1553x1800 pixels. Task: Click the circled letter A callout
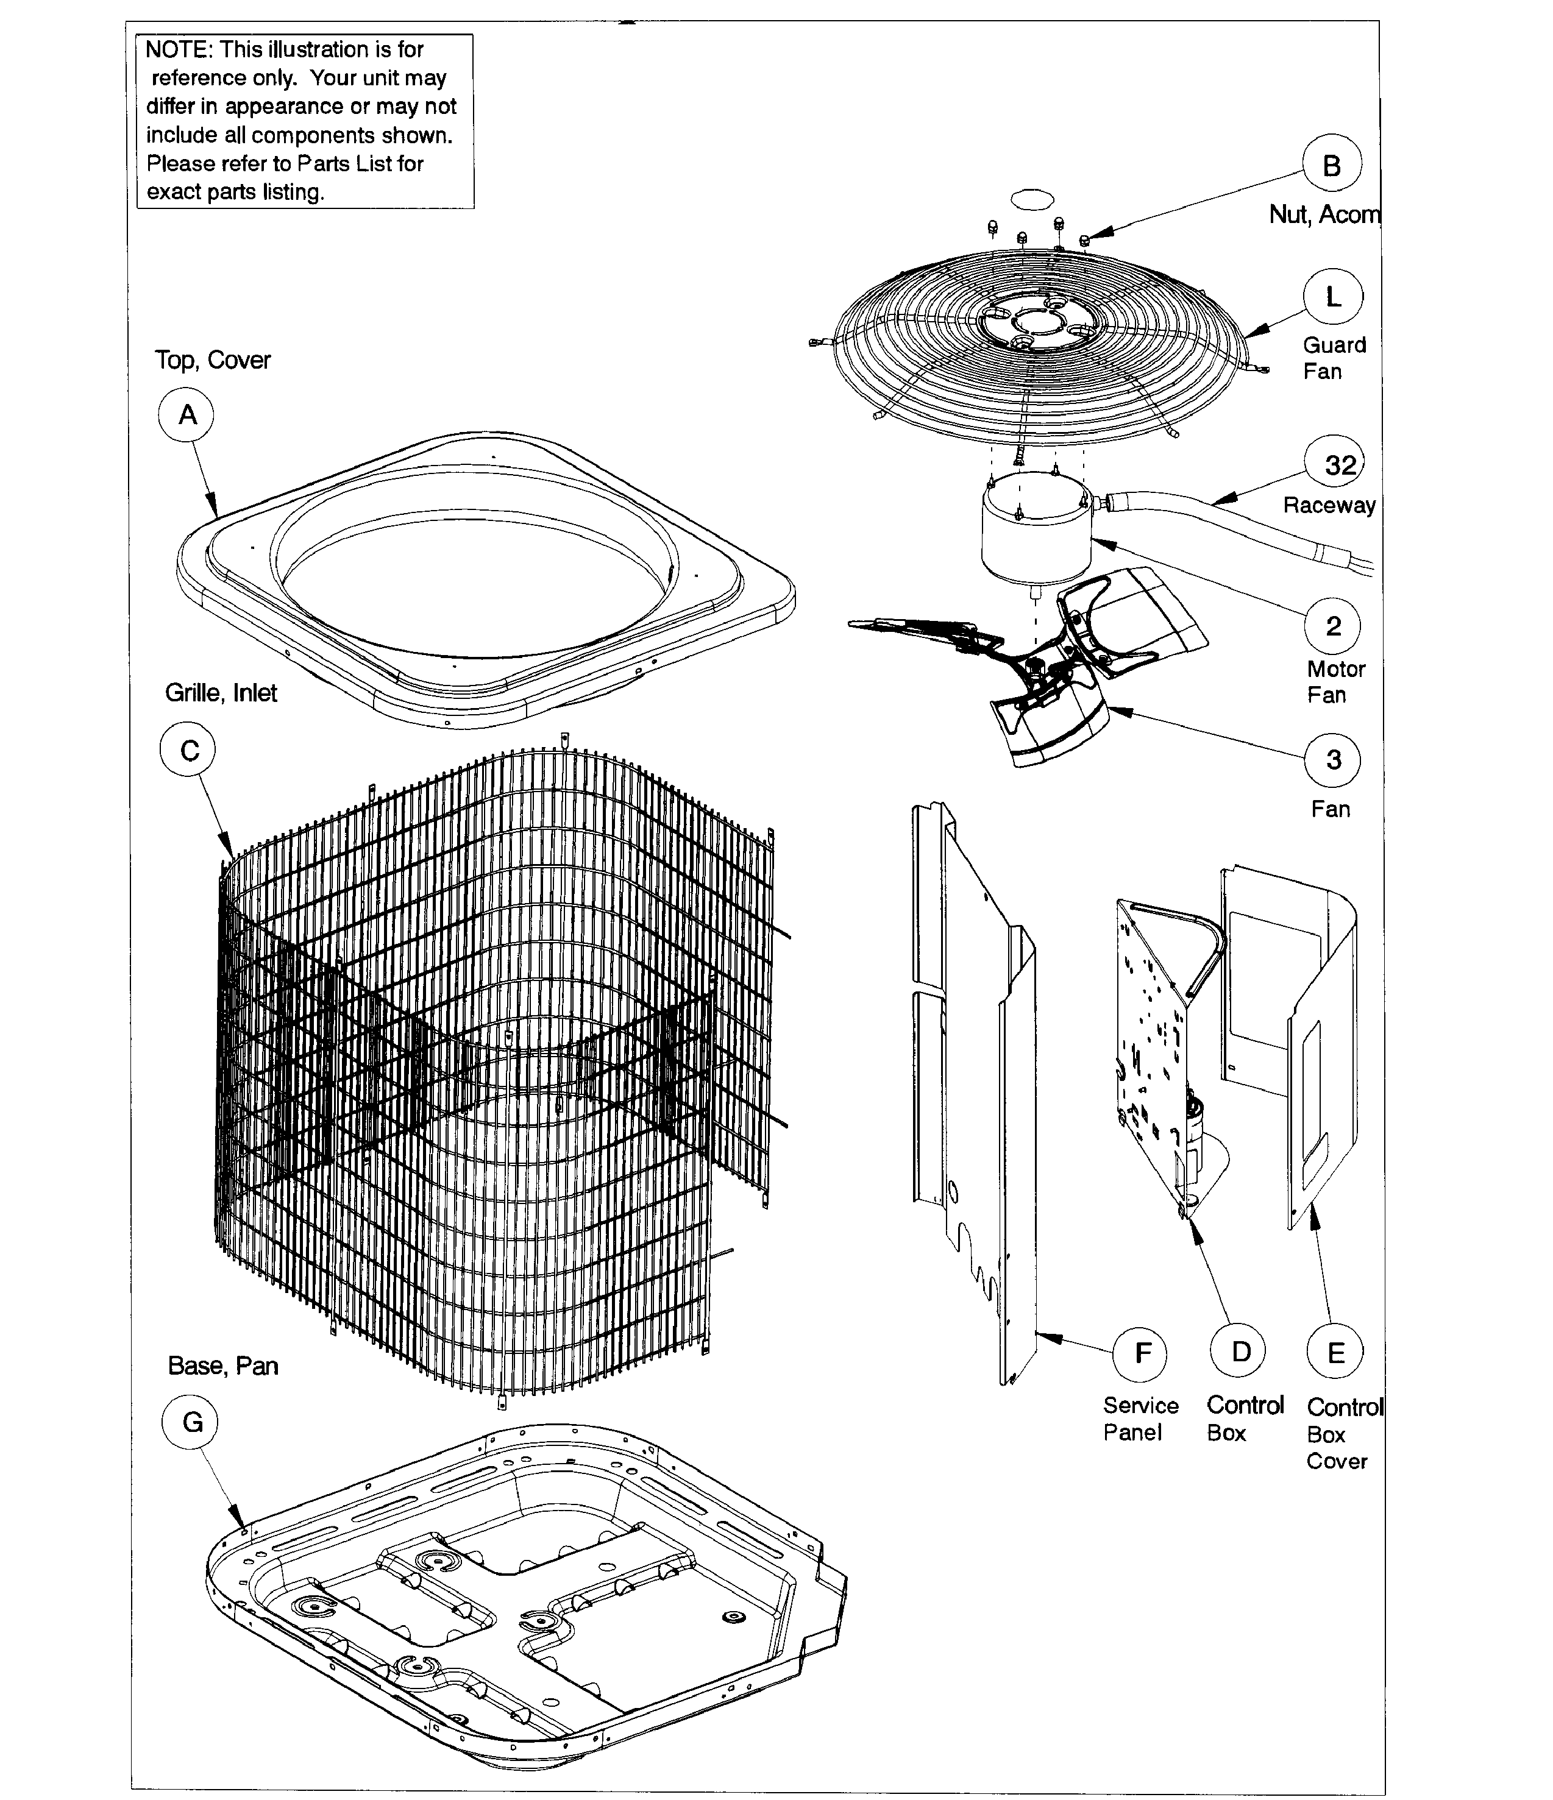pos(186,415)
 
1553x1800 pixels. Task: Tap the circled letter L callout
pos(1332,297)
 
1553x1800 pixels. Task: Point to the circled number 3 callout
pos(1332,760)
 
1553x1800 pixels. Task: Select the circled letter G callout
pos(190,1422)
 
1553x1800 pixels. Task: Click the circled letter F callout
pos(1143,1353)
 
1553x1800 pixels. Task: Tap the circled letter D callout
pos(1240,1351)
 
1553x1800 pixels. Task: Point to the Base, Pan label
pos(222,1366)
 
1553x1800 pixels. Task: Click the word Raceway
pos(1329,506)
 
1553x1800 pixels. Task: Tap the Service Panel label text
pos(1140,1418)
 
